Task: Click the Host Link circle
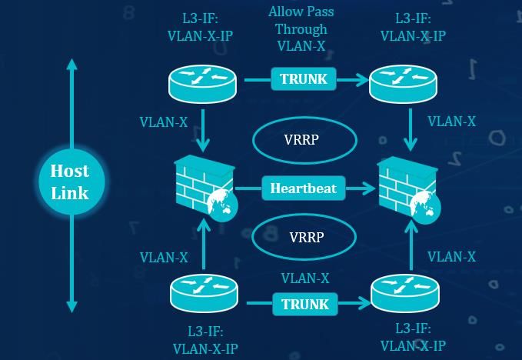(x=70, y=182)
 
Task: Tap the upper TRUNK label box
(x=304, y=78)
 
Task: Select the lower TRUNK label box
(x=305, y=305)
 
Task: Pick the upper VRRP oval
(x=305, y=141)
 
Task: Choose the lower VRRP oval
(x=305, y=235)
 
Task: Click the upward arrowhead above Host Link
(x=71, y=65)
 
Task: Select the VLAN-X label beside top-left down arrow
(x=163, y=122)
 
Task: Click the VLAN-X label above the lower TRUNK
(x=305, y=278)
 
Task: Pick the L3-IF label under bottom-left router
(x=205, y=339)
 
